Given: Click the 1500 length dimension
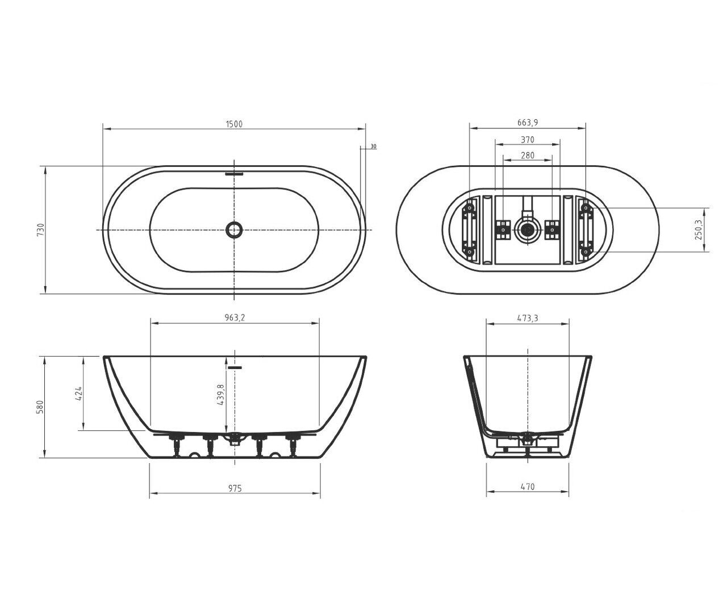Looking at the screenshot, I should pyautogui.click(x=234, y=124).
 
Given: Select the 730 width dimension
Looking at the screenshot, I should pyautogui.click(x=40, y=230).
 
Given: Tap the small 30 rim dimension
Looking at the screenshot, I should pyautogui.click(x=373, y=146).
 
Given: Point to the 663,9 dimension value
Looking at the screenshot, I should pyautogui.click(x=528, y=123).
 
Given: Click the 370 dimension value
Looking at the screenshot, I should pyautogui.click(x=528, y=140).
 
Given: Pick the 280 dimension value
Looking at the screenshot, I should pyautogui.click(x=528, y=156).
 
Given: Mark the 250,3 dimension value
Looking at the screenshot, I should pyautogui.click(x=699, y=229).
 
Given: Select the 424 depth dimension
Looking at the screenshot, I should pyautogui.click(x=79, y=393).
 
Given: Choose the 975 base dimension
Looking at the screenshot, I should pyautogui.click(x=235, y=488).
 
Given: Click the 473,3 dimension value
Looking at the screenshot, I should pyautogui.click(x=528, y=319).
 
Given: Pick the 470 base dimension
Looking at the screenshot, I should pyautogui.click(x=528, y=487).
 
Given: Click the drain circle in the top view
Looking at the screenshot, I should pyautogui.click(x=234, y=229).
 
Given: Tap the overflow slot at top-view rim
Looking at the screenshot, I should pyautogui.click(x=234, y=173).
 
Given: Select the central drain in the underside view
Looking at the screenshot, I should pyautogui.click(x=528, y=229).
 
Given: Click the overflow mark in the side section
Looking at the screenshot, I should pyautogui.click(x=235, y=368).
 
